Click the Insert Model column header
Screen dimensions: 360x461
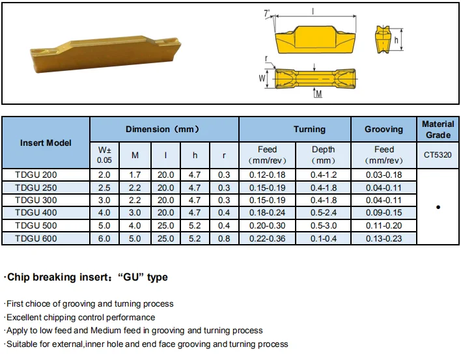click(46, 143)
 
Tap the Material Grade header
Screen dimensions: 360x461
click(438, 129)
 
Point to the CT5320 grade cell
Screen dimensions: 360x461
click(438, 155)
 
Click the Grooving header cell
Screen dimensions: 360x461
click(384, 129)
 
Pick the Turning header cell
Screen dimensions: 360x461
click(309, 129)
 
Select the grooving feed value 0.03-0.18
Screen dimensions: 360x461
click(384, 174)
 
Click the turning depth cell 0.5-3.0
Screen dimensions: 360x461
click(323, 226)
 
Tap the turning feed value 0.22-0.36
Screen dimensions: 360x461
click(267, 239)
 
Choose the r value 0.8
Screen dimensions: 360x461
click(224, 239)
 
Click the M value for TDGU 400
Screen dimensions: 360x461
click(135, 213)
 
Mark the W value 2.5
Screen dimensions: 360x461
click(104, 187)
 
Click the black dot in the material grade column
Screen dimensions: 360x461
click(438, 207)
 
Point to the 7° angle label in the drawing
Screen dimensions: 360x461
click(268, 14)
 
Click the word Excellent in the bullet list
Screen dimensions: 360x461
click(25, 317)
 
